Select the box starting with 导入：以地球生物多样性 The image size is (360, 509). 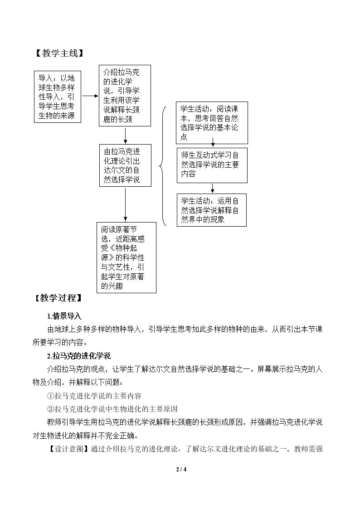click(58, 97)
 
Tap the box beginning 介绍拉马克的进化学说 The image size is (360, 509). click(125, 96)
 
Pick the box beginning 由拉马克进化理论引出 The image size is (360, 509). click(125, 165)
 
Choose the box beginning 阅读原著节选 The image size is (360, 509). click(126, 258)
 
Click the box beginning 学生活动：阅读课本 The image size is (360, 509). click(212, 123)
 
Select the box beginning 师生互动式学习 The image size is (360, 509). click(212, 165)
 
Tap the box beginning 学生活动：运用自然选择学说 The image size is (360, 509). click(212, 210)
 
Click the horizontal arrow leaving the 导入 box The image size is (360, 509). click(90, 96)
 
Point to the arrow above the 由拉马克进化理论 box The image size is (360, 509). click(125, 136)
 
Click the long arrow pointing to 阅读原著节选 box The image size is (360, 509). click(125, 205)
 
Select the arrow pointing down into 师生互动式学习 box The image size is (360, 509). click(213, 142)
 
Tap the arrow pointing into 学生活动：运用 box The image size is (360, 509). click(213, 188)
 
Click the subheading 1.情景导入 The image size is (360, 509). click(64, 316)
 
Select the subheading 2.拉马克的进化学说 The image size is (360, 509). click(79, 356)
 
